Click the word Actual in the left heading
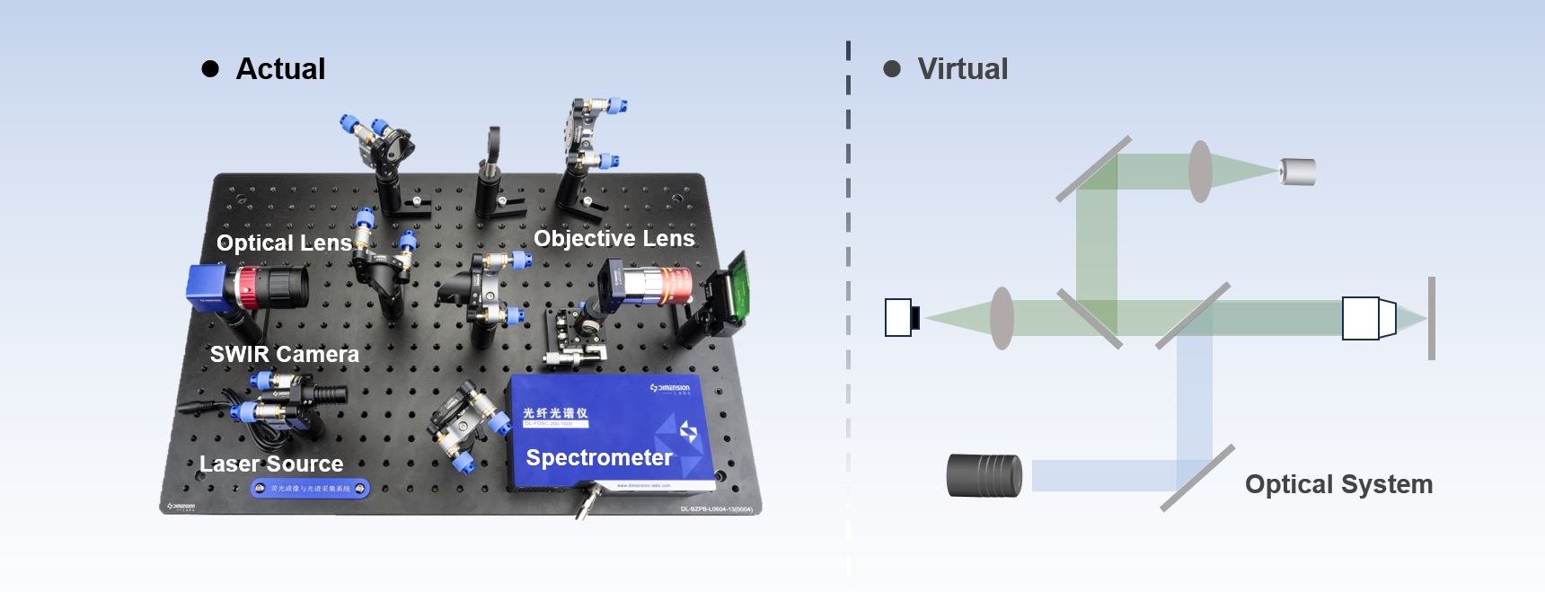[280, 69]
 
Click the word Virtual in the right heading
[962, 69]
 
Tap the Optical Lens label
[284, 243]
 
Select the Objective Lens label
[614, 238]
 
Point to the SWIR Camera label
[284, 355]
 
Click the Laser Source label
[271, 464]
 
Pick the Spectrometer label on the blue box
[599, 458]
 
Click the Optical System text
[1338, 484]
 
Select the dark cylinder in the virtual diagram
[984, 475]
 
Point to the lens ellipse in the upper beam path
[1200, 171]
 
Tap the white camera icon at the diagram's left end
[899, 317]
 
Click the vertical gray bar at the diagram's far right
[1431, 318]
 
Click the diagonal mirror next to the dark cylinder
[1197, 478]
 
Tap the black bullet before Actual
[210, 69]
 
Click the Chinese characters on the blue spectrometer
[555, 412]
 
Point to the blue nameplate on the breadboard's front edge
[310, 489]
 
